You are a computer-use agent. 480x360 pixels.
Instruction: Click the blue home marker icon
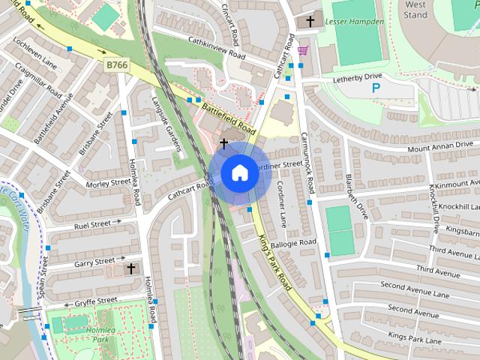click(x=239, y=173)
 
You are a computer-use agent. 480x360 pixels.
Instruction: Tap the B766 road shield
click(x=116, y=67)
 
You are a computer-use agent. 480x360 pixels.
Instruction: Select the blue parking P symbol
click(x=376, y=88)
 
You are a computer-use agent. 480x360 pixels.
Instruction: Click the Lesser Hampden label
click(x=355, y=22)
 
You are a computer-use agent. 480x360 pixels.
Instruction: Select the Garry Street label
click(x=95, y=262)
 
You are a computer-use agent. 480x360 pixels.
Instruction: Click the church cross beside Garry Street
click(x=131, y=268)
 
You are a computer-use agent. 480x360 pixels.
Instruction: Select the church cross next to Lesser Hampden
click(x=310, y=22)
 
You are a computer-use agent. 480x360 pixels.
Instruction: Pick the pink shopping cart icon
click(x=302, y=50)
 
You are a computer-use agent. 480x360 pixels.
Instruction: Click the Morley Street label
click(x=109, y=183)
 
